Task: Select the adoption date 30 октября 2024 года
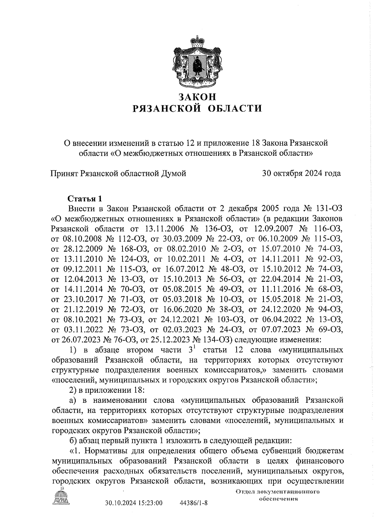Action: coord(301,173)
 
